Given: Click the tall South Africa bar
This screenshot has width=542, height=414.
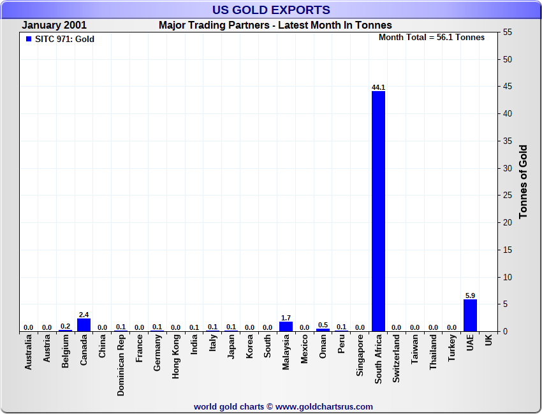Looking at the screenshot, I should [378, 210].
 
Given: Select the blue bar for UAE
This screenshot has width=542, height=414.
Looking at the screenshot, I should [470, 315].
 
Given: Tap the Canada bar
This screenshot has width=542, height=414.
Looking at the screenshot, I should [84, 325].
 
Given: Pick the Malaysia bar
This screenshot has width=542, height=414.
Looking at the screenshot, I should [286, 327].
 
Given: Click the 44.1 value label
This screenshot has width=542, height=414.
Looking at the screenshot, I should [378, 87].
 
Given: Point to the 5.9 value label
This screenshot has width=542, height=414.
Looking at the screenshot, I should [470, 295].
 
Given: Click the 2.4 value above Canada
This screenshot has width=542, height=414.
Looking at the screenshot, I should [84, 314].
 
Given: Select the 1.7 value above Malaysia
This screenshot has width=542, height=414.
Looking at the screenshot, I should [286, 317].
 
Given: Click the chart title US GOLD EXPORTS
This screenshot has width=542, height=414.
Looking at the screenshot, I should [271, 10].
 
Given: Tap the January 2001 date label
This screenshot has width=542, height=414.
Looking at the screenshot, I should [55, 25].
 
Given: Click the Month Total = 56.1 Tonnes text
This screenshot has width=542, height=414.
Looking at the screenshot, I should [432, 38].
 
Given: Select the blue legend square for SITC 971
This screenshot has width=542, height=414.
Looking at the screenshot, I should [29, 39].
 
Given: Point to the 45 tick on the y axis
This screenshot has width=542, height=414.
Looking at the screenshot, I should [508, 87].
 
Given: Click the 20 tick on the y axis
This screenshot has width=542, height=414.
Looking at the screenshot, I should [508, 223].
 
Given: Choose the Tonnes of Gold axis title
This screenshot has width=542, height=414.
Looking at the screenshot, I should [523, 182].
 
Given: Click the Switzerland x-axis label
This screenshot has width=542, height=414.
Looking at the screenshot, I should [397, 359].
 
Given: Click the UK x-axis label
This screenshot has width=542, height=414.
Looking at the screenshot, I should [488, 341].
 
